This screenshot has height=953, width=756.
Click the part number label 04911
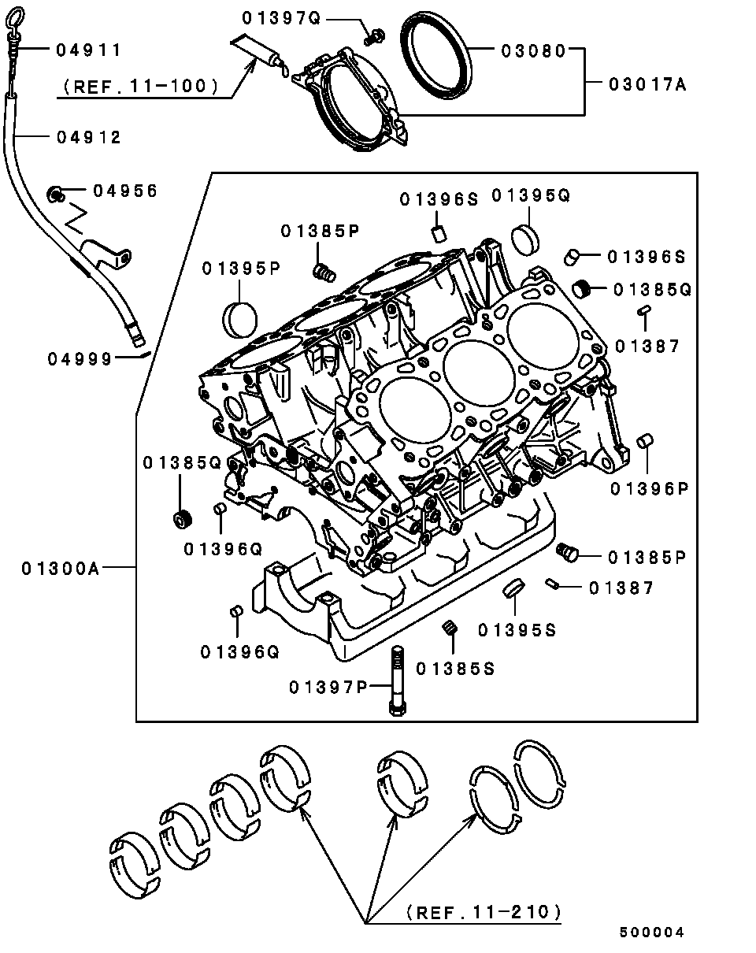[88, 50]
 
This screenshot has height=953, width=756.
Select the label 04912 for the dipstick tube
[88, 137]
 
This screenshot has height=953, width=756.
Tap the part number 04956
[125, 191]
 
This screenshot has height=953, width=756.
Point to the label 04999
[80, 359]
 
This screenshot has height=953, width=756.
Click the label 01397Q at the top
[280, 17]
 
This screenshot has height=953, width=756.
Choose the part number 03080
[534, 51]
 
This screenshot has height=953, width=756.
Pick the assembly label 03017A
[647, 83]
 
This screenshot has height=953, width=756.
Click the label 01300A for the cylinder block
[61, 567]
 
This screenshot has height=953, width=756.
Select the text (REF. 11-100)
[140, 86]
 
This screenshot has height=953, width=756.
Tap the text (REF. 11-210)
[484, 912]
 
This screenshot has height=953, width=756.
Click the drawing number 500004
[651, 933]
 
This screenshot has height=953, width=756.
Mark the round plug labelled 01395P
[241, 317]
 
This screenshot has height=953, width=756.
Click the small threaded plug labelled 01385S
[451, 628]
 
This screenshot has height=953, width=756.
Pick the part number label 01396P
[650, 488]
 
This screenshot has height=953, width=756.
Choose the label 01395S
[517, 630]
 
